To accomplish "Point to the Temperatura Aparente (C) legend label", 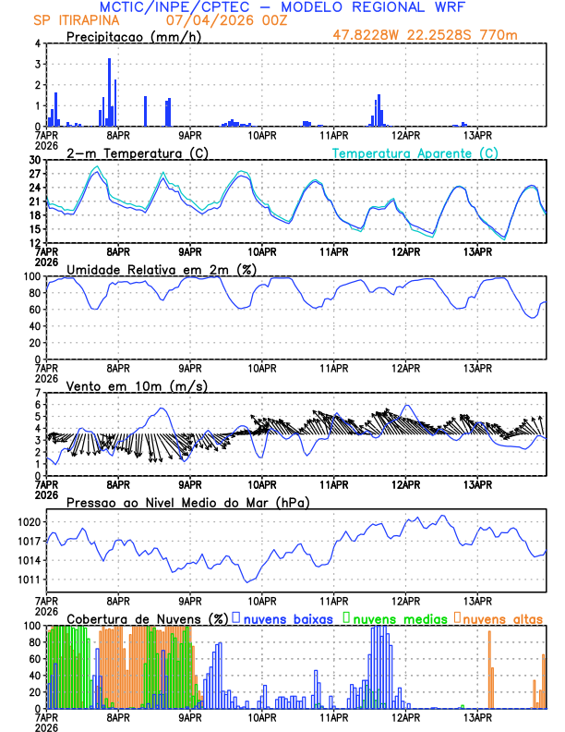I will (x=415, y=152).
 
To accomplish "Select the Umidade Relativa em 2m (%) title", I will (x=162, y=269).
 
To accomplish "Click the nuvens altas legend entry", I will (x=502, y=618).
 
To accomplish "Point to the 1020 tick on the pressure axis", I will (x=30, y=522).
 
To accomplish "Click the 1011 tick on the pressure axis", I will (x=30, y=580).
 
